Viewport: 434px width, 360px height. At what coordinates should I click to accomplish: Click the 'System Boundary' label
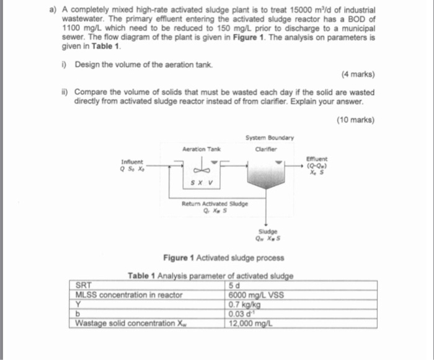pos(269,138)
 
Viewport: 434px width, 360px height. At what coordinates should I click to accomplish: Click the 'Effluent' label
pos(324,159)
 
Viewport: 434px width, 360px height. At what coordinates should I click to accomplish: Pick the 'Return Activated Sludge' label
pos(215,203)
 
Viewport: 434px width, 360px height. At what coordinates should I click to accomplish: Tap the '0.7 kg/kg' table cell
pos(244,304)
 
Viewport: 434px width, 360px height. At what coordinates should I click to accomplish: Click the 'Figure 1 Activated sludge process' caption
pos(215,257)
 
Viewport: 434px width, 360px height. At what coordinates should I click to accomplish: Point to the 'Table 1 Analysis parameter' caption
pos(211,276)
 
